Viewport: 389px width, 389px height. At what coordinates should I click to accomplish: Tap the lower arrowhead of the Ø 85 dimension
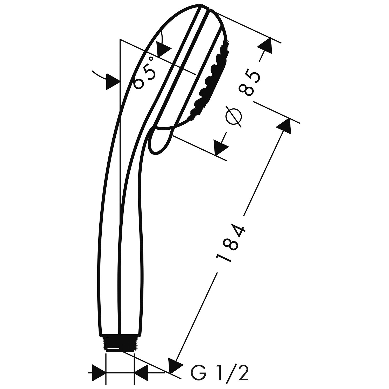pos(220,148)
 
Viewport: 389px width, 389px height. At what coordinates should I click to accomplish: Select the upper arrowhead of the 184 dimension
pos(284,126)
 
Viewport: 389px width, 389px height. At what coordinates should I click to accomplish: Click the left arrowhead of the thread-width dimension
pos(99,373)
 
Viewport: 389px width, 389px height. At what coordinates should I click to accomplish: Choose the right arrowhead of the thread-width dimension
pos(141,373)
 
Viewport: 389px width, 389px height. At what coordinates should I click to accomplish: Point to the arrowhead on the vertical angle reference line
pos(113,82)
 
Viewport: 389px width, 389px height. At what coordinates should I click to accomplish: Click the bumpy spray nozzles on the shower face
pos(210,79)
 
